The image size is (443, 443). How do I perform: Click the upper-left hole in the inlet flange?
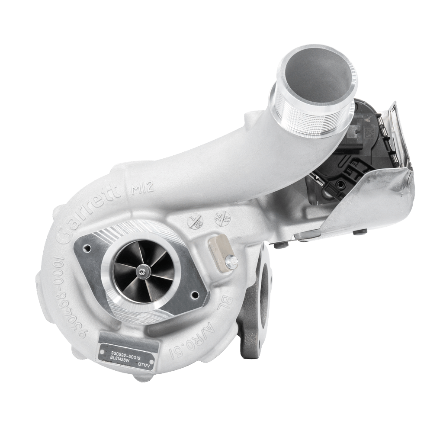89,249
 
